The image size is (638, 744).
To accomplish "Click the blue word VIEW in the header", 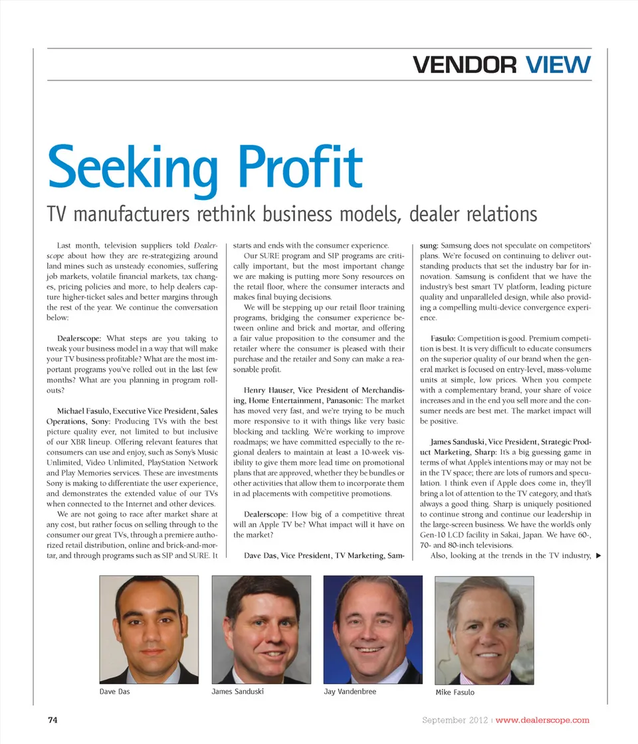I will tap(557, 65).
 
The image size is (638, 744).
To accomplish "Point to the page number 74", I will tap(54, 719).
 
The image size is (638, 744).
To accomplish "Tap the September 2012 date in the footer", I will tap(455, 720).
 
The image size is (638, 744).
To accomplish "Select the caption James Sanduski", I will tap(238, 692).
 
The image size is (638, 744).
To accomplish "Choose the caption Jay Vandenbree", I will tap(350, 692).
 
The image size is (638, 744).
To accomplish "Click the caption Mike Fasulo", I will tap(455, 692).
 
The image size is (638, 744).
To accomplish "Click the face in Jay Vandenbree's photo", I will tap(372, 628).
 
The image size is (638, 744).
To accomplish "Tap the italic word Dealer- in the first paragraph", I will tap(204, 245).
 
